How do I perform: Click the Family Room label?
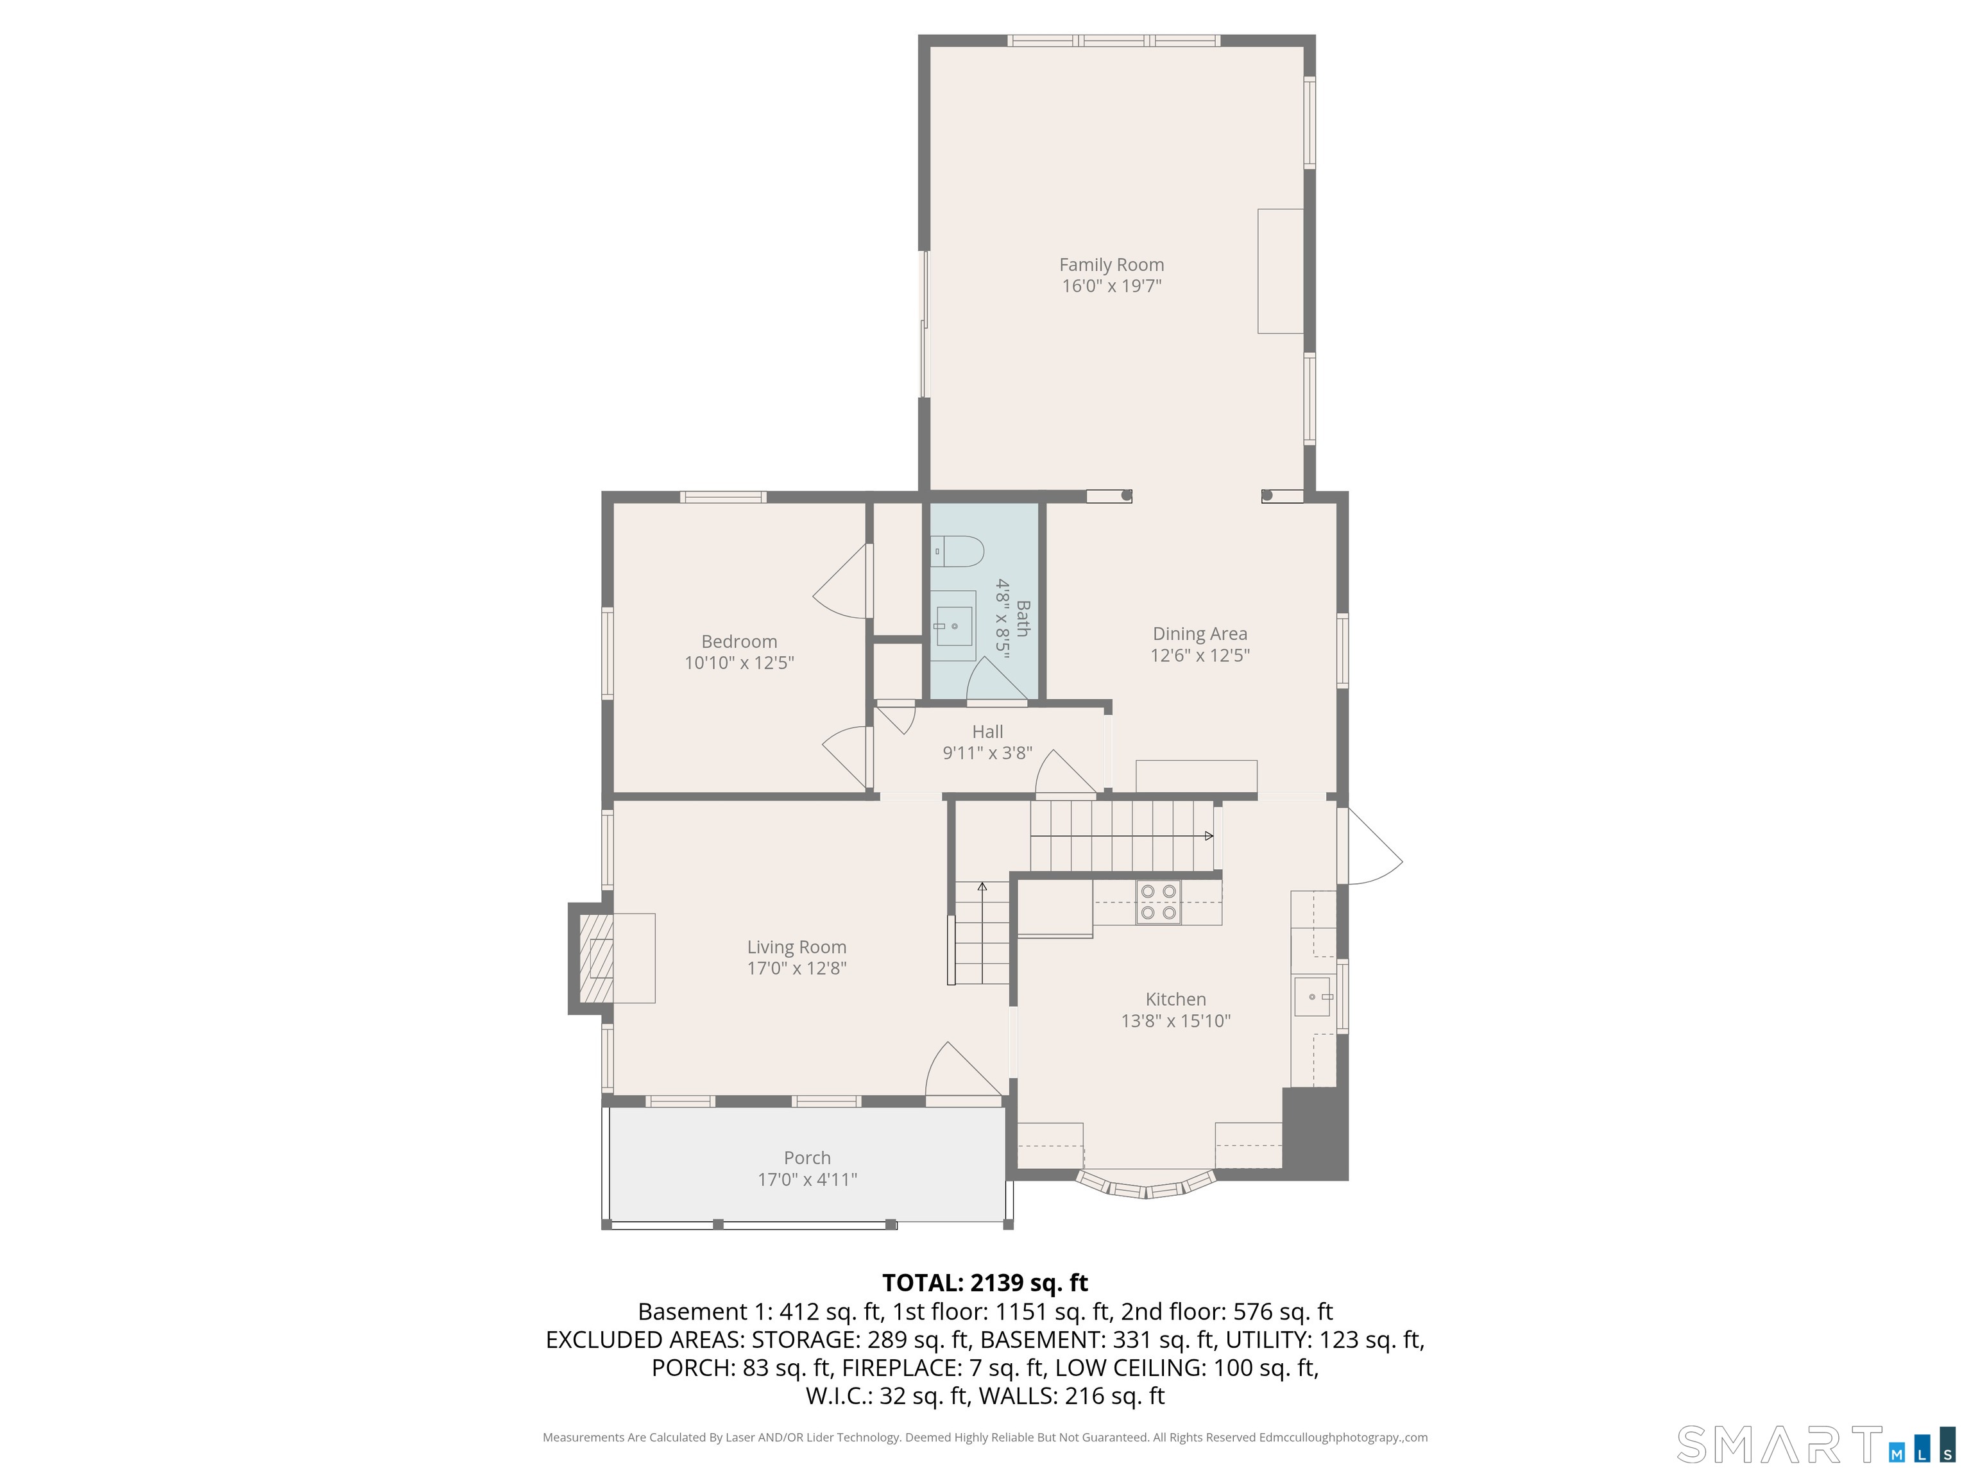coord(1111,264)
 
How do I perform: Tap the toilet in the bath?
coord(957,552)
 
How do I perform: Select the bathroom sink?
coord(953,626)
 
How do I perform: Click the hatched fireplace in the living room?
coord(596,958)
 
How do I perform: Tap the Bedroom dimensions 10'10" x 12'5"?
coord(738,663)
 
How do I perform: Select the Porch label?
coord(807,1157)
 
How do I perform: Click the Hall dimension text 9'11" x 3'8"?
coord(987,753)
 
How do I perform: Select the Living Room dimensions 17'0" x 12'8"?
coord(797,969)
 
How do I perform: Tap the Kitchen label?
coord(1175,999)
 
